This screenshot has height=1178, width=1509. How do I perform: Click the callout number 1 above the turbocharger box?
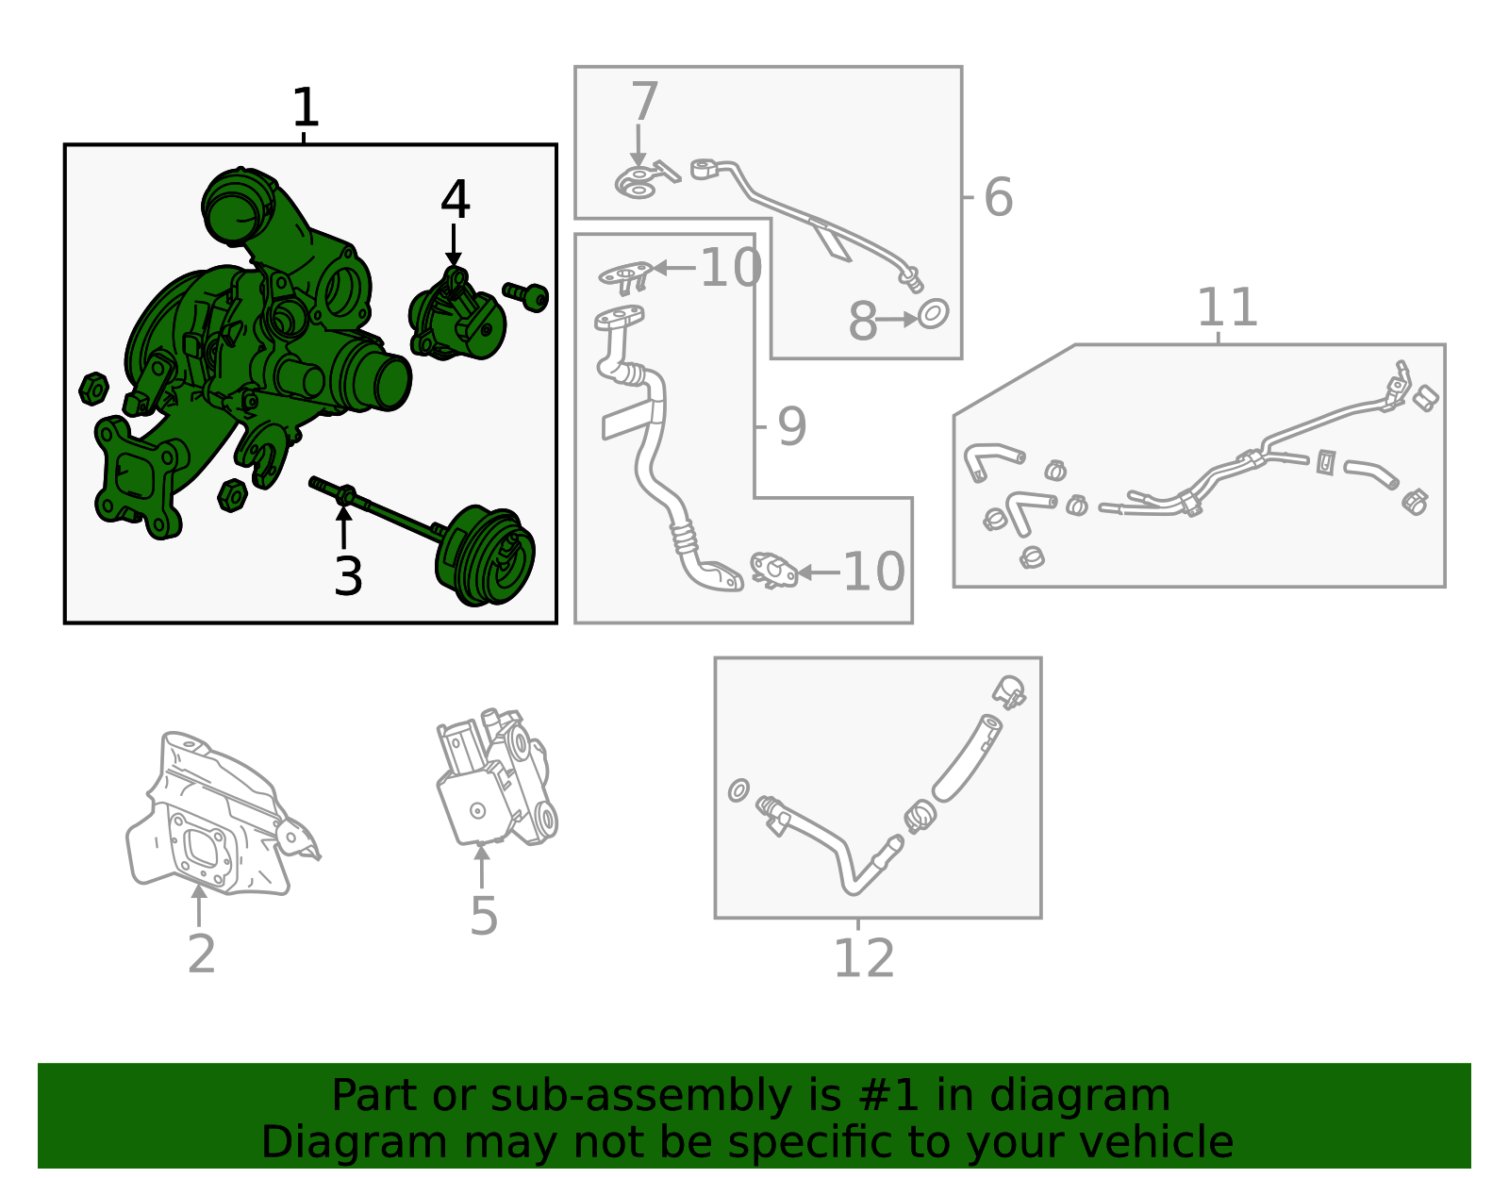[306, 108]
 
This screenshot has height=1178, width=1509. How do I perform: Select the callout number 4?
[456, 199]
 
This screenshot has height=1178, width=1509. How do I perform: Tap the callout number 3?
[348, 576]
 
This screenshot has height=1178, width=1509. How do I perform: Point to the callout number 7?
[644, 101]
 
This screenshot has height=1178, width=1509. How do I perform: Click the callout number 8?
[862, 322]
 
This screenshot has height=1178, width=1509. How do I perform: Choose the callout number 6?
[999, 197]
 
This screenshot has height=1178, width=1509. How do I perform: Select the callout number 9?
[791, 426]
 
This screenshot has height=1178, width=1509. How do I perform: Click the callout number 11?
[1227, 307]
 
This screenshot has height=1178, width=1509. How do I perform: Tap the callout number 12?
[864, 958]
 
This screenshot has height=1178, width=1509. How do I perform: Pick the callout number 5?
[484, 917]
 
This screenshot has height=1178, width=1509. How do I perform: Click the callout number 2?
[202, 954]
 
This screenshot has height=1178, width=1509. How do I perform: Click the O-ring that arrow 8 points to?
[934, 314]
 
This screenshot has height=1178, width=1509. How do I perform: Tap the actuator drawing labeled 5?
[496, 777]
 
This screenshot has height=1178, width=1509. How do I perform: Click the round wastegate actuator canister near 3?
[485, 556]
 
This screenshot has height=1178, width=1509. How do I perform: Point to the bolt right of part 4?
[525, 296]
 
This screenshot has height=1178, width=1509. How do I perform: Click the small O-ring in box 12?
[738, 790]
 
